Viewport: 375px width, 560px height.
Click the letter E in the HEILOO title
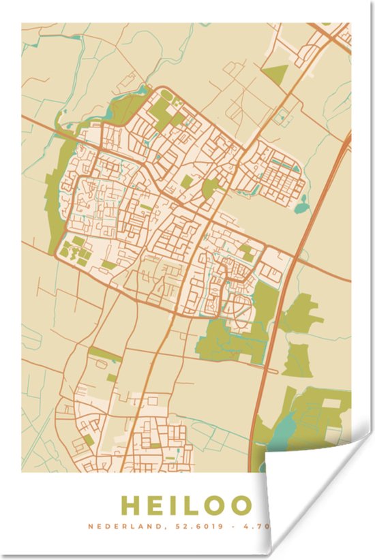click(158, 505)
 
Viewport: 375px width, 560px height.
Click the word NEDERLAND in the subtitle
click(117, 526)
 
